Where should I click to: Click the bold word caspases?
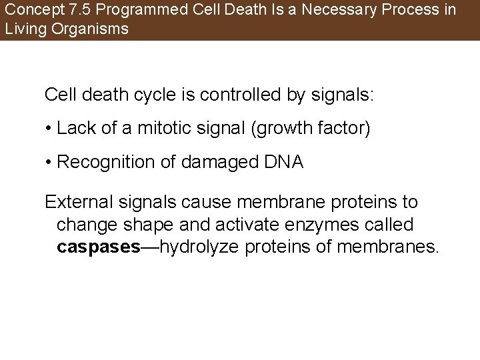coord(99,248)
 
